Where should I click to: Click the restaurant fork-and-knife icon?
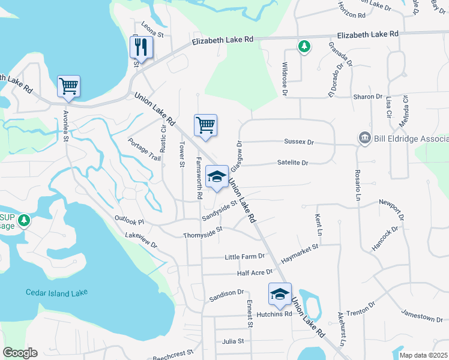pos(142,47)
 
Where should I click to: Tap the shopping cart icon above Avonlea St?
pos(68,86)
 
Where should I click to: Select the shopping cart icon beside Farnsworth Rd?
pos(205,125)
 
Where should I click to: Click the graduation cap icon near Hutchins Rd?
pos(280,293)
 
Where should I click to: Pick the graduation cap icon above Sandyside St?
pos(217,176)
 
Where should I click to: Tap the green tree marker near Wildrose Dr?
pos(305,46)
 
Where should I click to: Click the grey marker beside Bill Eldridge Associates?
pos(364,139)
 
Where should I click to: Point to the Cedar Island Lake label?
pos(56,293)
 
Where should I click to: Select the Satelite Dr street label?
pos(293,163)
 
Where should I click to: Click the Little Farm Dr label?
pos(244,257)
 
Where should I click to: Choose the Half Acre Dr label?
pos(255,272)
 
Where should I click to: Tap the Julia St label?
pos(233,341)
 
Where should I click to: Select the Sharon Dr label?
pos(368,97)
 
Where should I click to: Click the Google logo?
pos(20,353)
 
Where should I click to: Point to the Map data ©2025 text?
pos(423,355)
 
